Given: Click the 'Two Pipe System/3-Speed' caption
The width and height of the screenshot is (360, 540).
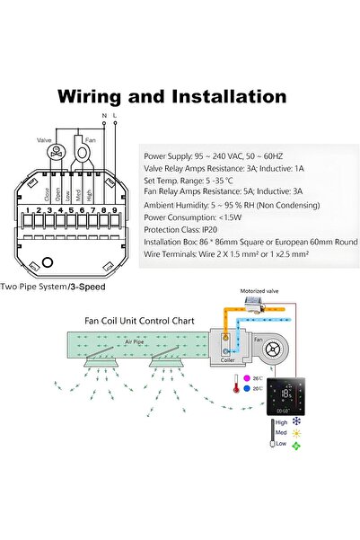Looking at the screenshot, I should (59, 288).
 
